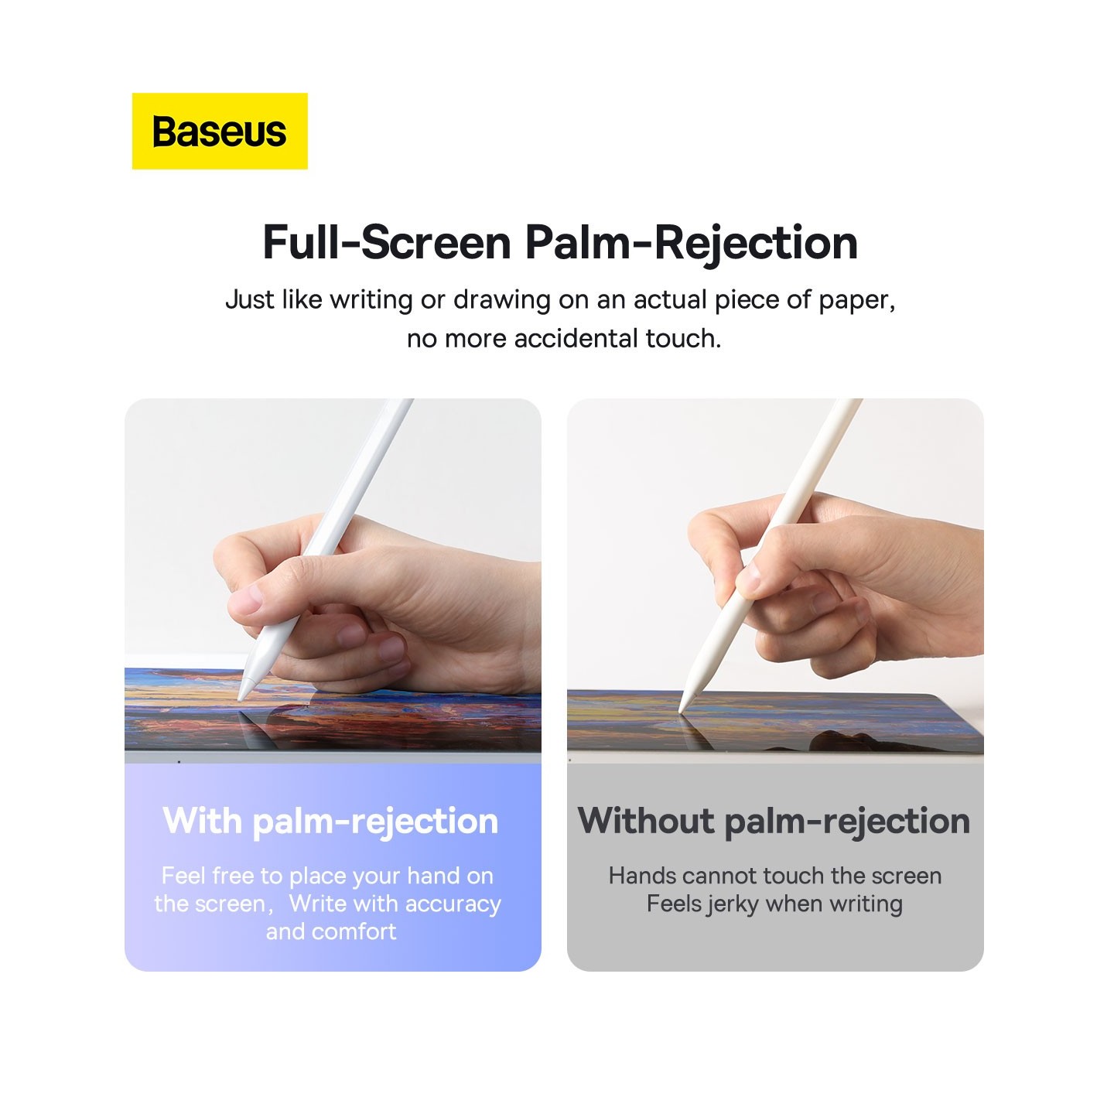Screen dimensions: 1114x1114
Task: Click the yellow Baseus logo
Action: point(220,132)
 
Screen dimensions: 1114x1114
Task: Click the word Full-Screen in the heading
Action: point(387,242)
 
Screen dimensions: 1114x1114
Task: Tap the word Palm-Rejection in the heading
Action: point(691,242)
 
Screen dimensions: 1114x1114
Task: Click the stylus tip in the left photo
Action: point(241,696)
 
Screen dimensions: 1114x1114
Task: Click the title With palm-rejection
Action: point(330,821)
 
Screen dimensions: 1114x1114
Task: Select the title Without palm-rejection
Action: point(774,821)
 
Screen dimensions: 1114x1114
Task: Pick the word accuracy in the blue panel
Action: point(453,904)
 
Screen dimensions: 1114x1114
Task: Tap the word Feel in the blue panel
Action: point(183,876)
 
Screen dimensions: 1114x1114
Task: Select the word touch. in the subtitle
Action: point(683,339)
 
